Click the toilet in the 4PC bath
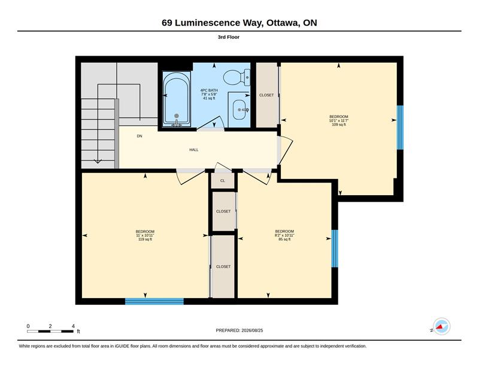[237, 78]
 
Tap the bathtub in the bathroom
[177, 99]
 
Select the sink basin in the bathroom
[241, 110]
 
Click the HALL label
[193, 150]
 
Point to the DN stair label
[140, 137]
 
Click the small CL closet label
[223, 181]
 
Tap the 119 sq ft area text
[145, 239]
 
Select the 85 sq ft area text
[284, 239]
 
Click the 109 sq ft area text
[339, 125]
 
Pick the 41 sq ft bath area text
[209, 98]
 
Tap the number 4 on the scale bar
[73, 326]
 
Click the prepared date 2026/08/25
[252, 330]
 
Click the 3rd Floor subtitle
[229, 37]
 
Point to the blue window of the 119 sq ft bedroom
[154, 301]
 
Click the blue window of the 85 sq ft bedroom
[335, 248]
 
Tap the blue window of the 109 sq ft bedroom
[400, 128]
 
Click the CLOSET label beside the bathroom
[266, 95]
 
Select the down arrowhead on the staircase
[98, 161]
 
